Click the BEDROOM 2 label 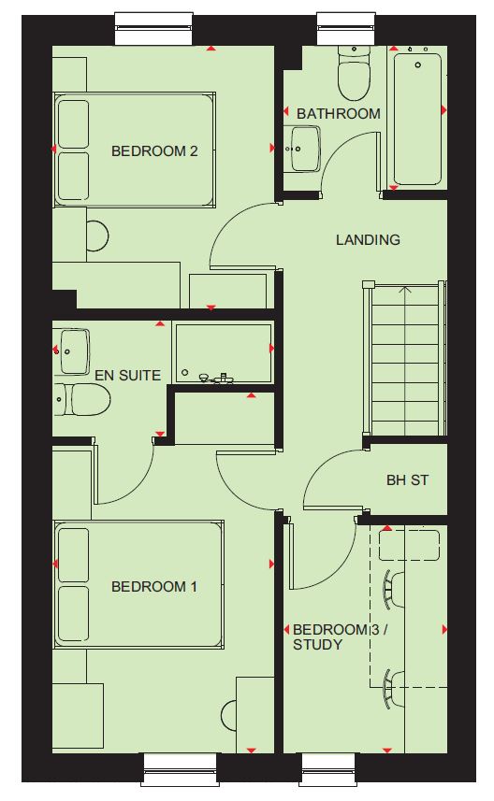[154, 151]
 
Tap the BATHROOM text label [339, 113]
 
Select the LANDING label [368, 239]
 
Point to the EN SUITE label [128, 376]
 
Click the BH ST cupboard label [407, 480]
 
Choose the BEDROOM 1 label [154, 586]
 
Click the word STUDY [317, 645]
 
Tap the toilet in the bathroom [354, 73]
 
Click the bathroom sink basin [306, 149]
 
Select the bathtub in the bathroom [417, 118]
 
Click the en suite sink [74, 351]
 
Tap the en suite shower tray [224, 352]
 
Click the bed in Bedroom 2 [135, 150]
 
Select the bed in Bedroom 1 [138, 585]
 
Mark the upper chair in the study [394, 589]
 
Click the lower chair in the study [394, 689]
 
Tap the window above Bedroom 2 [155, 30]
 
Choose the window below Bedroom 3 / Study [327, 769]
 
